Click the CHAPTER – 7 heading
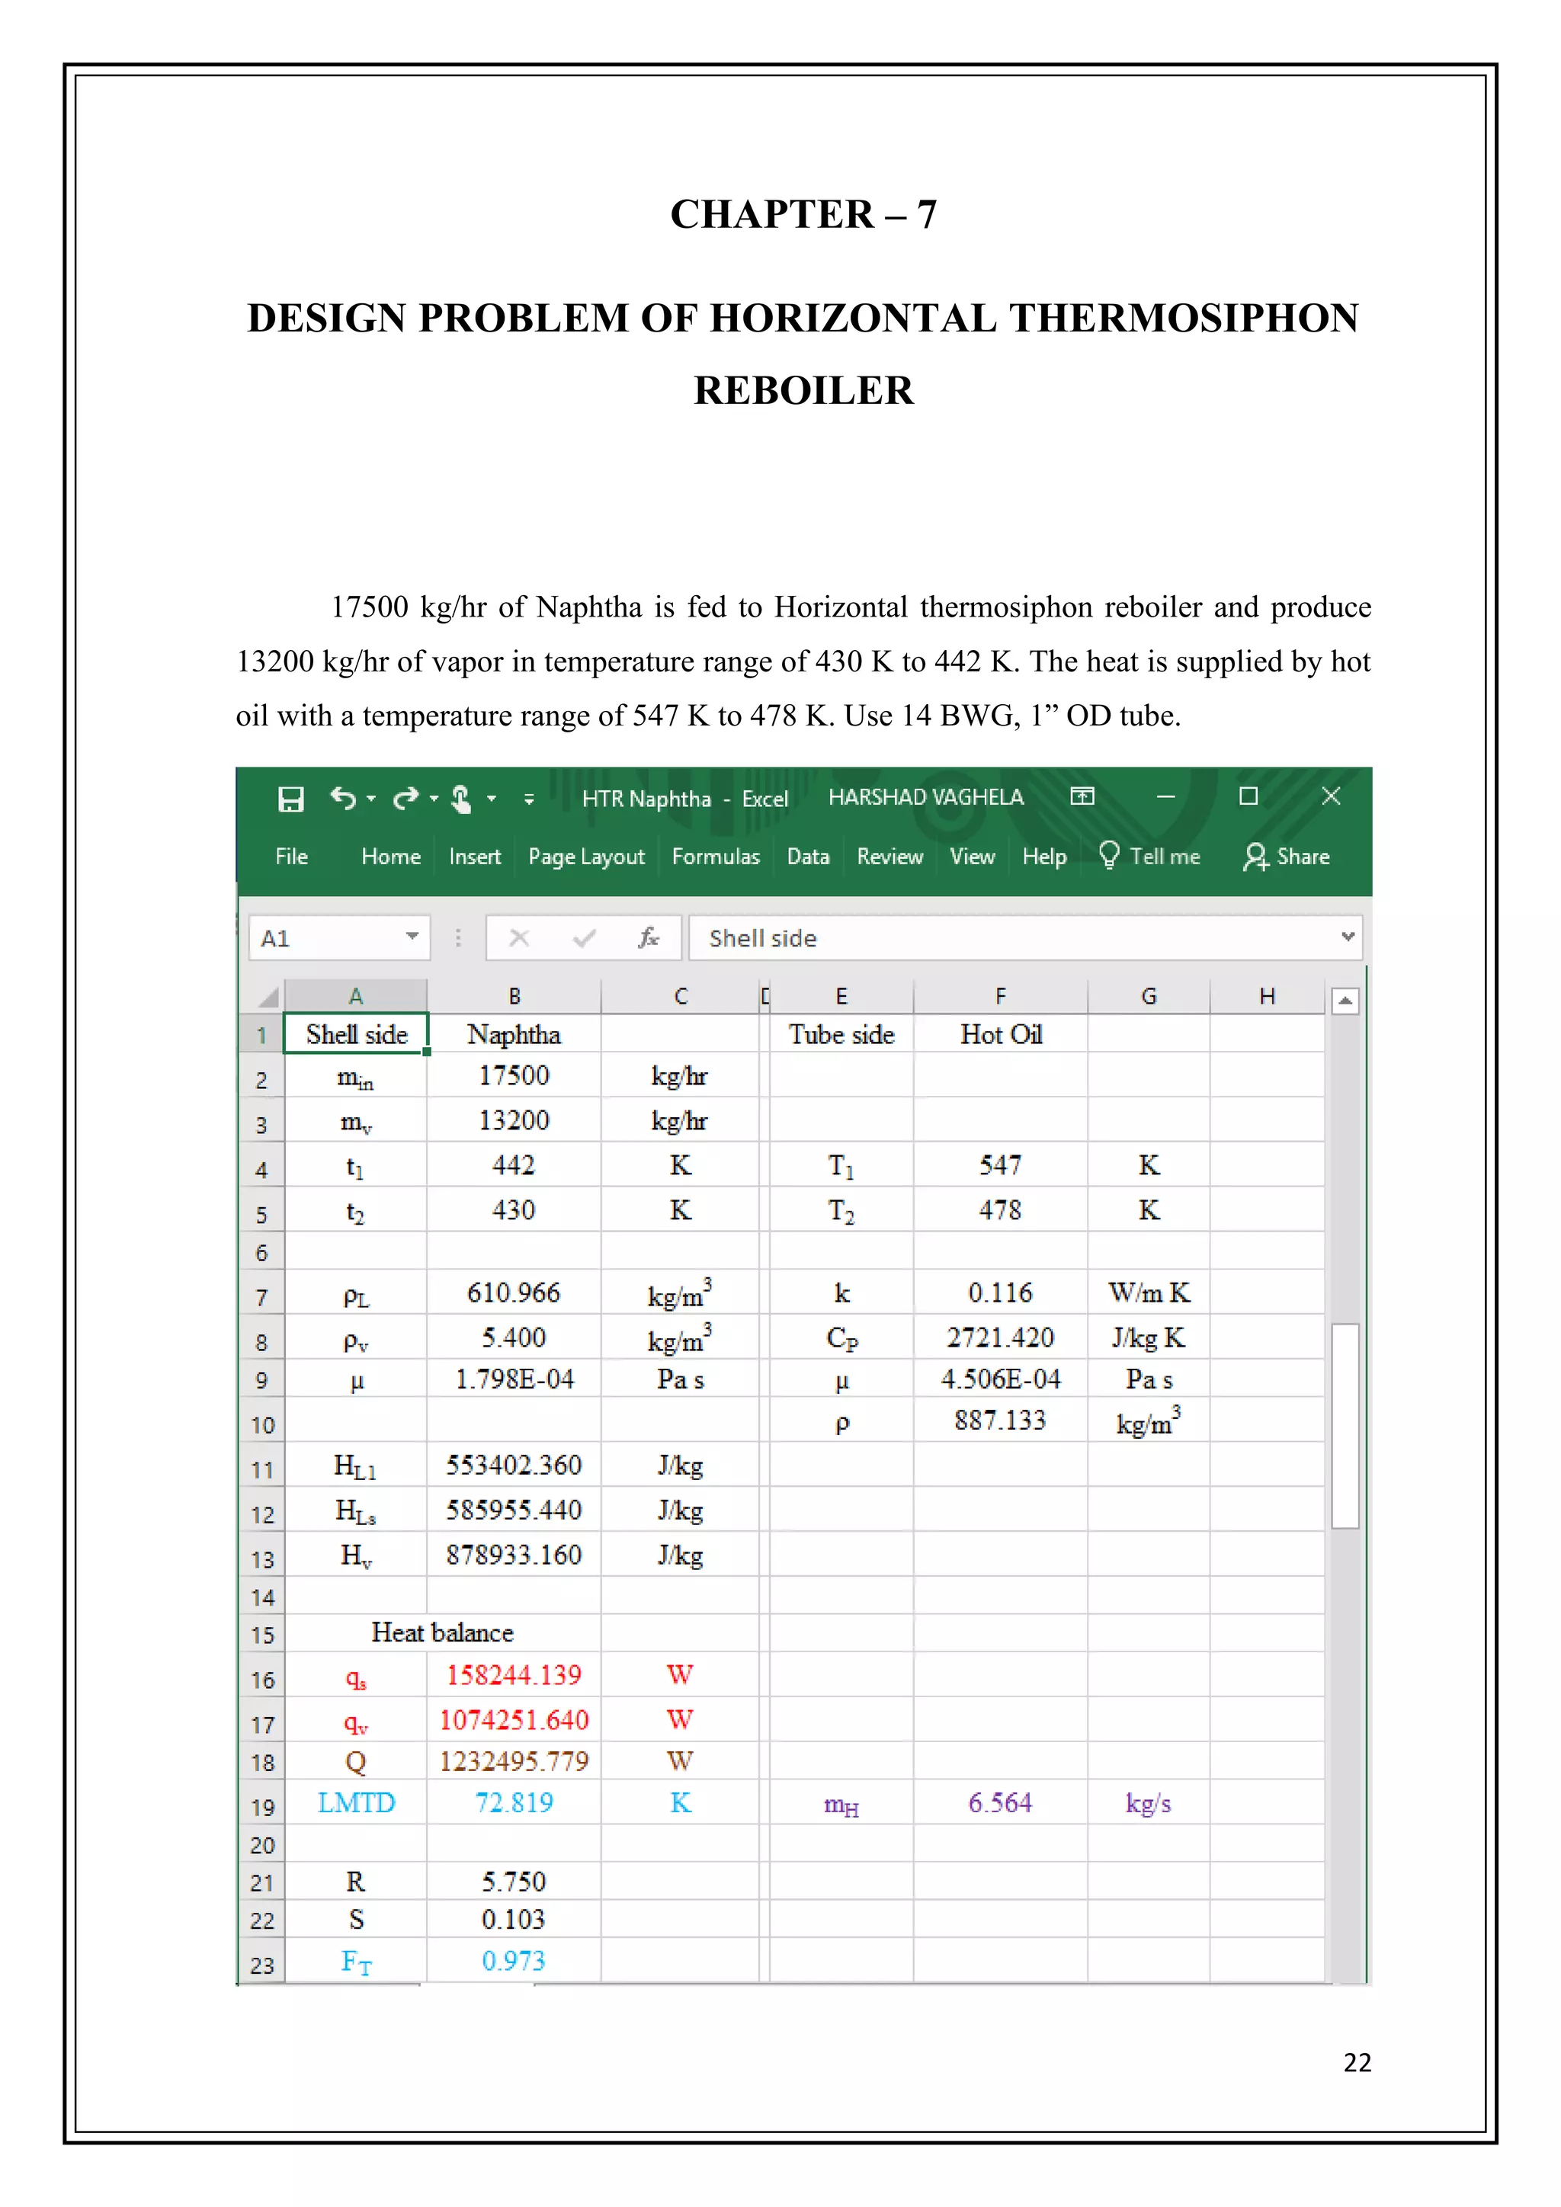click(803, 214)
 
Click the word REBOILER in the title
click(803, 390)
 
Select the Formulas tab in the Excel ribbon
click(715, 857)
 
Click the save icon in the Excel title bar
click(290, 799)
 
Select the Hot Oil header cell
click(1001, 1034)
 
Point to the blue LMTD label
click(356, 1803)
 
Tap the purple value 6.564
click(1000, 1803)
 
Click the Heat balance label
click(442, 1633)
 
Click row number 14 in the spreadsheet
click(262, 1597)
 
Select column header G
click(1149, 997)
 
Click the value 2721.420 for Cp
click(1000, 1338)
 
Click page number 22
click(1356, 2063)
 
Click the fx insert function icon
click(649, 938)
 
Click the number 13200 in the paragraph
click(275, 662)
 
